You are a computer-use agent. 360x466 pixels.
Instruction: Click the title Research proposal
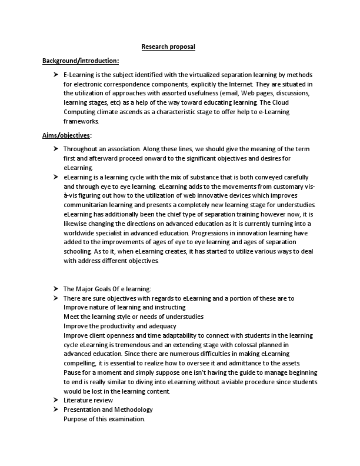pyautogui.click(x=168, y=46)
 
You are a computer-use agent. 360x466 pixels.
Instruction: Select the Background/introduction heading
pyautogui.click(x=81, y=61)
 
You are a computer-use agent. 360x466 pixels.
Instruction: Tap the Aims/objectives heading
pyautogui.click(x=66, y=135)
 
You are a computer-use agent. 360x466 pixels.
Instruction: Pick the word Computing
pyautogui.click(x=81, y=112)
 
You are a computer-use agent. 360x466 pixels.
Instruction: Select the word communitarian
pyautogui.click(x=90, y=205)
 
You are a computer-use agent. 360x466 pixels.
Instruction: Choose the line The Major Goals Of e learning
pyautogui.click(x=107, y=289)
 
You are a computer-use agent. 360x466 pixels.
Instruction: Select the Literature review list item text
pyautogui.click(x=88, y=401)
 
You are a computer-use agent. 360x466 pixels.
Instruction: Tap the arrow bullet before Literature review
pyautogui.click(x=56, y=401)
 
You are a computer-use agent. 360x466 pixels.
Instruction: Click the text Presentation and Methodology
pyautogui.click(x=108, y=410)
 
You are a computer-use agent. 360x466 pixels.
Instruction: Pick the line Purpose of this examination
pyautogui.click(x=104, y=419)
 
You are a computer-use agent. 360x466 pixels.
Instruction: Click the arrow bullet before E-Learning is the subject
pyautogui.click(x=56, y=75)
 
